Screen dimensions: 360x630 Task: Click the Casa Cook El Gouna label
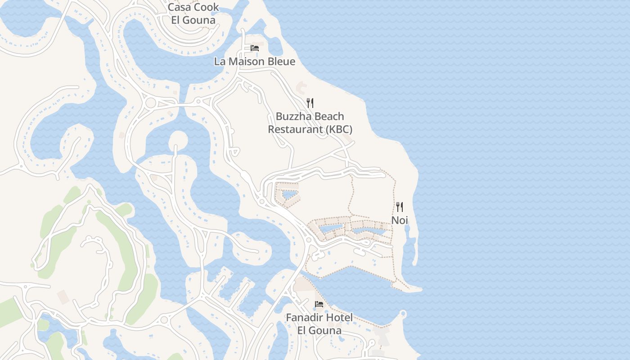193,13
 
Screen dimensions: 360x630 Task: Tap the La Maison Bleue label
255,61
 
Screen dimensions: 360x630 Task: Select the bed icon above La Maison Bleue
255,48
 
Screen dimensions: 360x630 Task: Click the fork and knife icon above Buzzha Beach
310,103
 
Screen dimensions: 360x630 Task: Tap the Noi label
400,220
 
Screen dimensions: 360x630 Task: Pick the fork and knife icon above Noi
400,207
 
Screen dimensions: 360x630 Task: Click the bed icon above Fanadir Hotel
319,304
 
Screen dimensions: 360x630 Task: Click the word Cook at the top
207,7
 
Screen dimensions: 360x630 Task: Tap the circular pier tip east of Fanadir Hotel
403,314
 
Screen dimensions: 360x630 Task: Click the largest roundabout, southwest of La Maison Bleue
150,103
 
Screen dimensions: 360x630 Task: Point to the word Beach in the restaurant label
329,117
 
